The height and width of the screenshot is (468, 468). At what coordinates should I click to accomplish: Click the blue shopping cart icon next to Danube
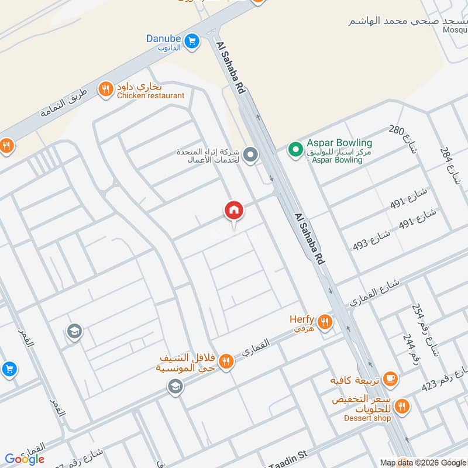click(191, 41)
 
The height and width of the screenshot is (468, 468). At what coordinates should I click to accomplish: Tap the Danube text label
click(163, 39)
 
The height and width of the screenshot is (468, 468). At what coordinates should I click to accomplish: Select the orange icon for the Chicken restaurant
click(106, 89)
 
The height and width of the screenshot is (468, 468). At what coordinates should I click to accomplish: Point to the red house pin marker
click(233, 211)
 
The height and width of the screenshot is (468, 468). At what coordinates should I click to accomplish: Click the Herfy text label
click(302, 319)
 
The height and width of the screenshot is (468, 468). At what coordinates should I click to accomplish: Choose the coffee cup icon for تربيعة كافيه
click(390, 380)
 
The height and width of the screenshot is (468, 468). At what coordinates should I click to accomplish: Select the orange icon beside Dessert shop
click(402, 405)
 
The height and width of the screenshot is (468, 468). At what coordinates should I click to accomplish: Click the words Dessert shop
click(367, 418)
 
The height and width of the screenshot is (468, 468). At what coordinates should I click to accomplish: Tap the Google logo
click(25, 459)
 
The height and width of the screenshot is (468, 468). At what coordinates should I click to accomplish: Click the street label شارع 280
click(404, 139)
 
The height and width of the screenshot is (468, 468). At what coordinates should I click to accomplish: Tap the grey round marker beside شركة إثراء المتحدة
click(250, 155)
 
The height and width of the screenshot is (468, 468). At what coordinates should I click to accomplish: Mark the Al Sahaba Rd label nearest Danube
click(230, 69)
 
